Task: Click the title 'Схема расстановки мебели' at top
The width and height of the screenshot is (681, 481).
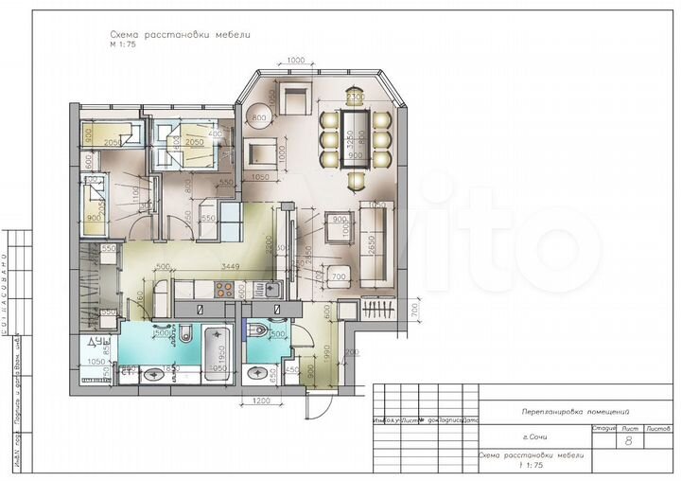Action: [x=180, y=35]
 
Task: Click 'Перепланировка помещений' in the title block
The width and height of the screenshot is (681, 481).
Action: [x=576, y=411]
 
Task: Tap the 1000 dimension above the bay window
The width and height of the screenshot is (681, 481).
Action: [x=295, y=61]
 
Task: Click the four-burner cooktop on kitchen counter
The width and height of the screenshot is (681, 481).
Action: [x=217, y=292]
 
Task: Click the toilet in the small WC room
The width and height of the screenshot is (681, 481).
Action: [x=263, y=331]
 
